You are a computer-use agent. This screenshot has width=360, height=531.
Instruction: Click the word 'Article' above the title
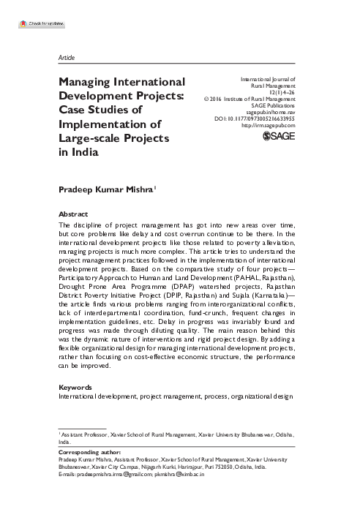(67, 56)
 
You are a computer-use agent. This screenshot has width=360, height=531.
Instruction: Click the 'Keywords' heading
(75, 386)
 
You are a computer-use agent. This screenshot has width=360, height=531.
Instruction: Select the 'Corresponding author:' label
(91, 453)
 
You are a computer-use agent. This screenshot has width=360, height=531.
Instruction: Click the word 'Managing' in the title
(86, 82)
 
